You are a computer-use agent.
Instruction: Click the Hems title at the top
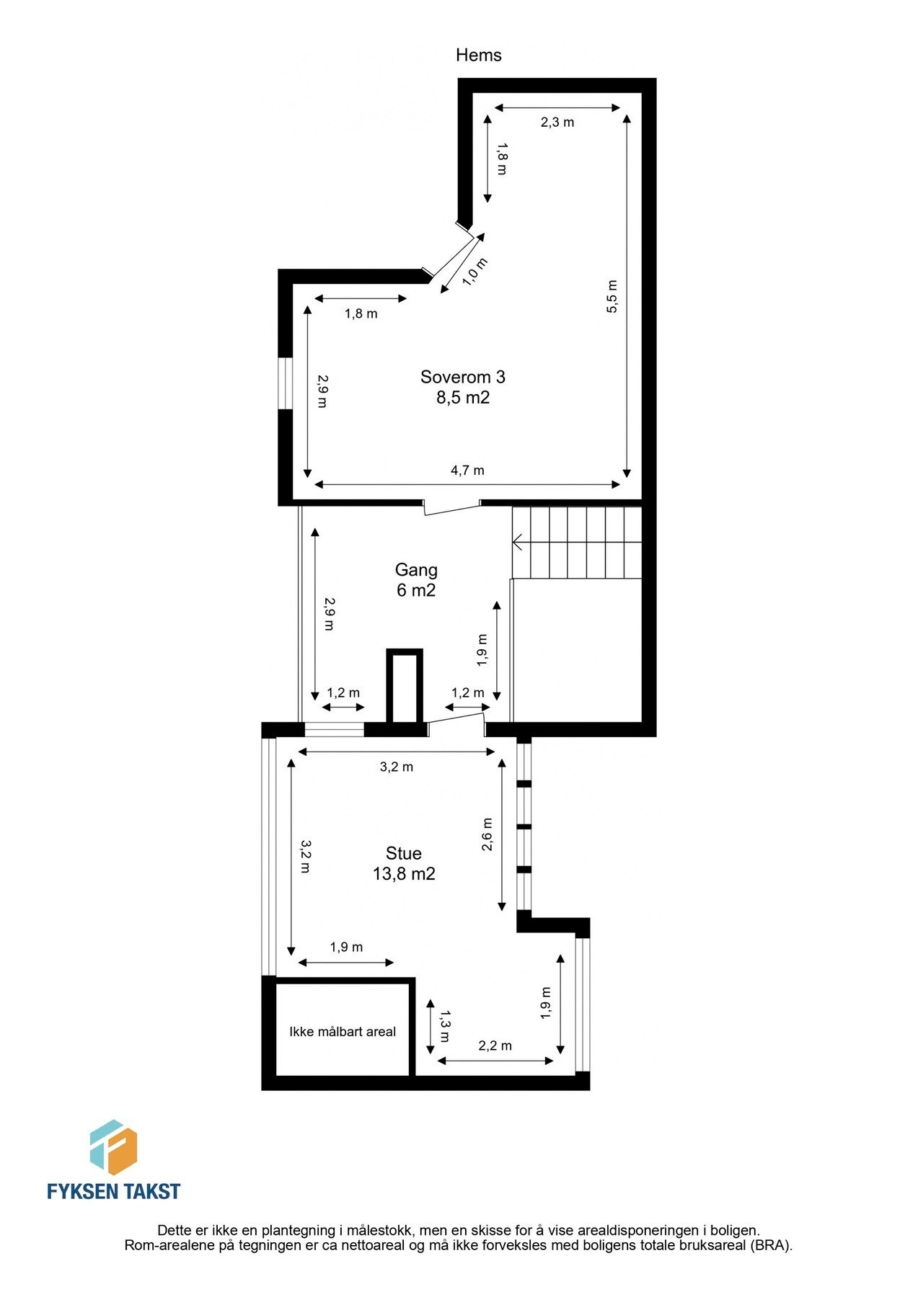478,55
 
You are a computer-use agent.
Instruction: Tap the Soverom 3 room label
462,377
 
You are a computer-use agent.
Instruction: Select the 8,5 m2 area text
462,398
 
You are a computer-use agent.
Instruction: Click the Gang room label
416,570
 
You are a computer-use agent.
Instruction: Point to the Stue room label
403,854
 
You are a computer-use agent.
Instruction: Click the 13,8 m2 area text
403,874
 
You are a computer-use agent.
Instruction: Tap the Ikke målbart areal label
343,1032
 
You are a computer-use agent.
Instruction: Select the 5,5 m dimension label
612,296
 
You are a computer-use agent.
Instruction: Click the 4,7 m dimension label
467,471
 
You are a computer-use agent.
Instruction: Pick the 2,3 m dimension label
557,122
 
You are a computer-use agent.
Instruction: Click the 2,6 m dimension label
487,834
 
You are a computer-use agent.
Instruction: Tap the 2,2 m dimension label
495,1046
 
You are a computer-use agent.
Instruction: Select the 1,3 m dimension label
443,1026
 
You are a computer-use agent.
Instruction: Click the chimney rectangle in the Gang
404,687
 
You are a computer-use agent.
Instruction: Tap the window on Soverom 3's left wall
286,383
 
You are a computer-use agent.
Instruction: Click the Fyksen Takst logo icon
113,1147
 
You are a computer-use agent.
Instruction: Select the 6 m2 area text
416,590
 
